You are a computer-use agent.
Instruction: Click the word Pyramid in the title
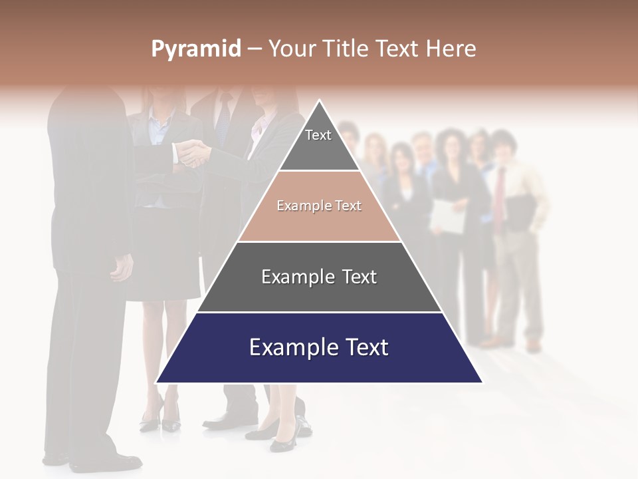(x=195, y=49)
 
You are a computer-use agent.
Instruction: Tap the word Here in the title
(x=451, y=49)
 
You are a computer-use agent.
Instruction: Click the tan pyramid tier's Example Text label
(x=319, y=206)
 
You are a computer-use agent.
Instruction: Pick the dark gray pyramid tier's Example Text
(x=319, y=277)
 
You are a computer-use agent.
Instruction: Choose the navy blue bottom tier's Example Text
(x=319, y=347)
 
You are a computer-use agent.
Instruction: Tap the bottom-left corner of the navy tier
(x=158, y=382)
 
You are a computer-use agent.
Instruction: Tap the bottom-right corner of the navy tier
(x=481, y=382)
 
